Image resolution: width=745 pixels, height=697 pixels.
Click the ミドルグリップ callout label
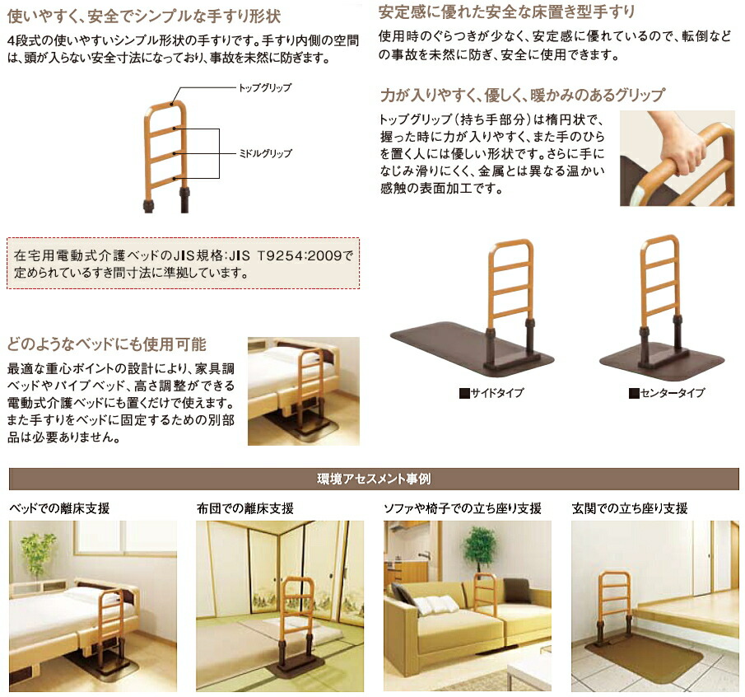(x=264, y=153)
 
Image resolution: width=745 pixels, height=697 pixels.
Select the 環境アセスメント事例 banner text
(x=374, y=478)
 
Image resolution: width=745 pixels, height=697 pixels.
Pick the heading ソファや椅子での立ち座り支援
(x=463, y=508)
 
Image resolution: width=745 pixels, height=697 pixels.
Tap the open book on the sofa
(x=435, y=606)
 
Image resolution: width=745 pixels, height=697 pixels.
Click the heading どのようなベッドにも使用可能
(x=106, y=344)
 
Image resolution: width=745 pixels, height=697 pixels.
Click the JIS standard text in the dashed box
(x=183, y=264)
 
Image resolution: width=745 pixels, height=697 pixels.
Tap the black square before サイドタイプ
(x=463, y=394)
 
